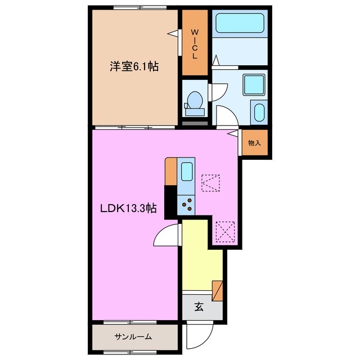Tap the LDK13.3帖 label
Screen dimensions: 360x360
click(128, 209)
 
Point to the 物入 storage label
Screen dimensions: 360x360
click(254, 143)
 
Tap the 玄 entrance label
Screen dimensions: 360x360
click(199, 307)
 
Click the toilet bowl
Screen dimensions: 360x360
click(195, 101)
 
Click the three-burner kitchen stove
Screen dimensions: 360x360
click(187, 204)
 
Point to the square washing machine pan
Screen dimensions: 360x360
click(250, 84)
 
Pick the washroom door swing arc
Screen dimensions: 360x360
click(225, 116)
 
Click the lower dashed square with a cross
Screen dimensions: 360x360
click(224, 230)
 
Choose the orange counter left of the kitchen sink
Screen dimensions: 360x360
click(171, 172)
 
